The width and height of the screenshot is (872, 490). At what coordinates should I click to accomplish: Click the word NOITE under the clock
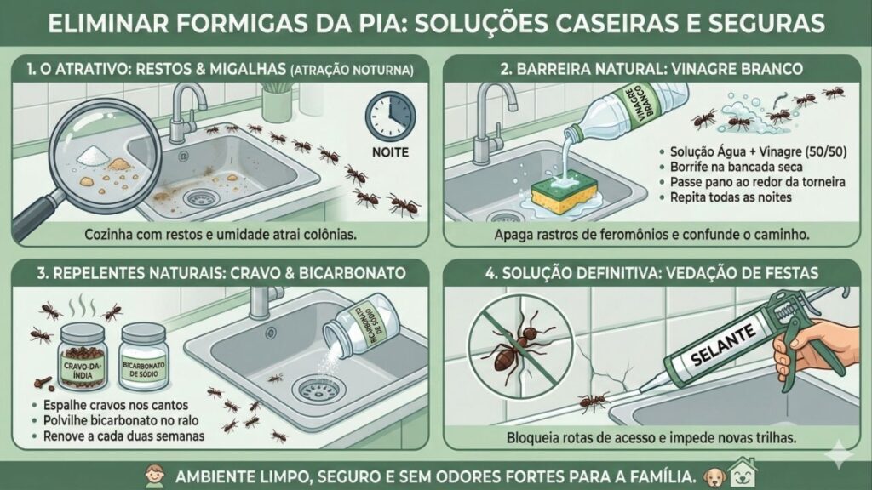[x=390, y=154]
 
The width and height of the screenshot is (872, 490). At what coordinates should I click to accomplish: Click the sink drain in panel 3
[x=311, y=389]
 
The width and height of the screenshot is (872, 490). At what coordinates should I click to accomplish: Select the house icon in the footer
[x=742, y=475]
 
